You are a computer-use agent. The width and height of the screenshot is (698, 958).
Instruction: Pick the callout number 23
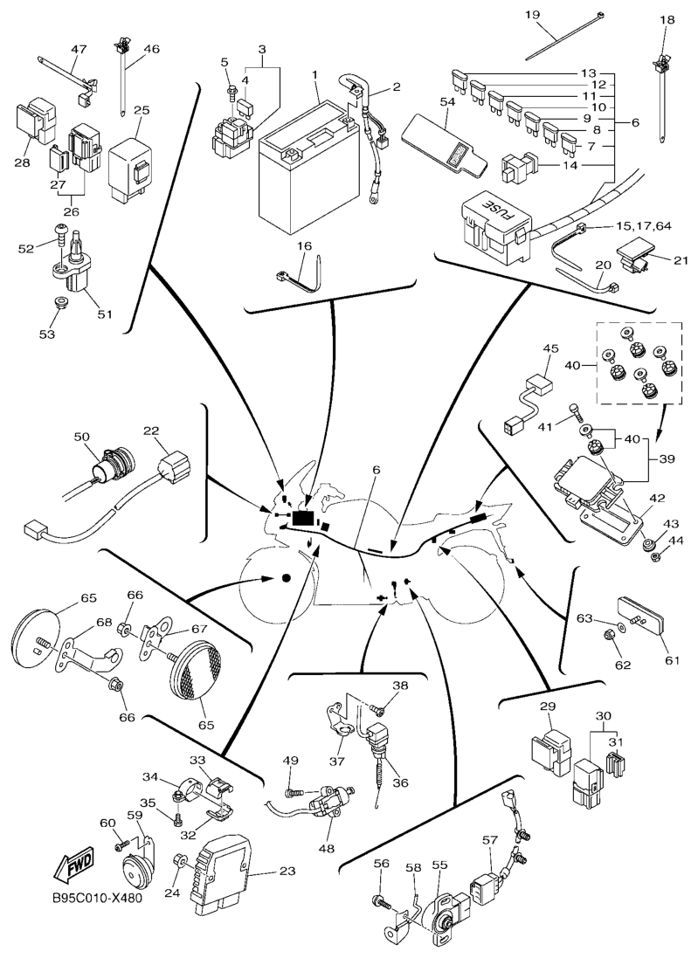pos(287,871)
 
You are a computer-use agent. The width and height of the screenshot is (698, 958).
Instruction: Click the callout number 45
pos(549,348)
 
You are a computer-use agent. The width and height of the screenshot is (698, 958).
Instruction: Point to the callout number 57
pos(490,840)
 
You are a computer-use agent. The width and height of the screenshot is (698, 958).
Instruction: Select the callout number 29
pos(548,706)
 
